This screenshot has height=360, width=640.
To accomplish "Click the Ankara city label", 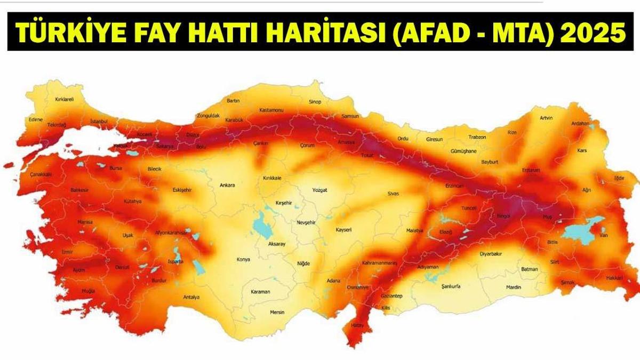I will (x=227, y=186).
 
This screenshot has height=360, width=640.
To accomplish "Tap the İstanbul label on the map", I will (x=99, y=122).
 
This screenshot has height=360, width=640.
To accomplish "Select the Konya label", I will (x=243, y=260).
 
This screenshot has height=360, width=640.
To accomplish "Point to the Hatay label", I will (x=357, y=325).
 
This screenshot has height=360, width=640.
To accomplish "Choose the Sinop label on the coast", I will (x=315, y=101).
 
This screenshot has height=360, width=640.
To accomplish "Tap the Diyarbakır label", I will (x=491, y=254).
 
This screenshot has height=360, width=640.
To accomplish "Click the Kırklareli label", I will (x=65, y=99).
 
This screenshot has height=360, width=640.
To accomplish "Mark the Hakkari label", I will (x=614, y=277).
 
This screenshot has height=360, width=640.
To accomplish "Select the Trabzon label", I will (x=477, y=137).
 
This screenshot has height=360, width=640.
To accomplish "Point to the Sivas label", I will (x=393, y=193).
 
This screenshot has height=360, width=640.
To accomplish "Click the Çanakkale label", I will (x=41, y=174).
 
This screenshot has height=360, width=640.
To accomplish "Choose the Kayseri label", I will (x=343, y=230).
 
